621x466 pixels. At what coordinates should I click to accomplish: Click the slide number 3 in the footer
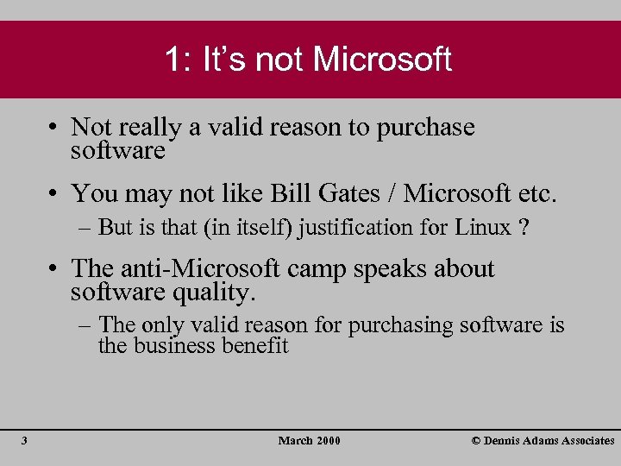click(24, 441)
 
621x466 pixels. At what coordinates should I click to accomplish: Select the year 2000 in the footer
click(329, 441)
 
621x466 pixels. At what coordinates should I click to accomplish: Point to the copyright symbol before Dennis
click(476, 441)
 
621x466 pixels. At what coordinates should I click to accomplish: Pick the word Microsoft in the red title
click(382, 60)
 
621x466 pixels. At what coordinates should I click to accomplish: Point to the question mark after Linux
click(524, 228)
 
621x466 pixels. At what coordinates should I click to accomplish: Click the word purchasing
click(406, 325)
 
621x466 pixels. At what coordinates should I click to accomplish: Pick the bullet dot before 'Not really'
click(53, 128)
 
